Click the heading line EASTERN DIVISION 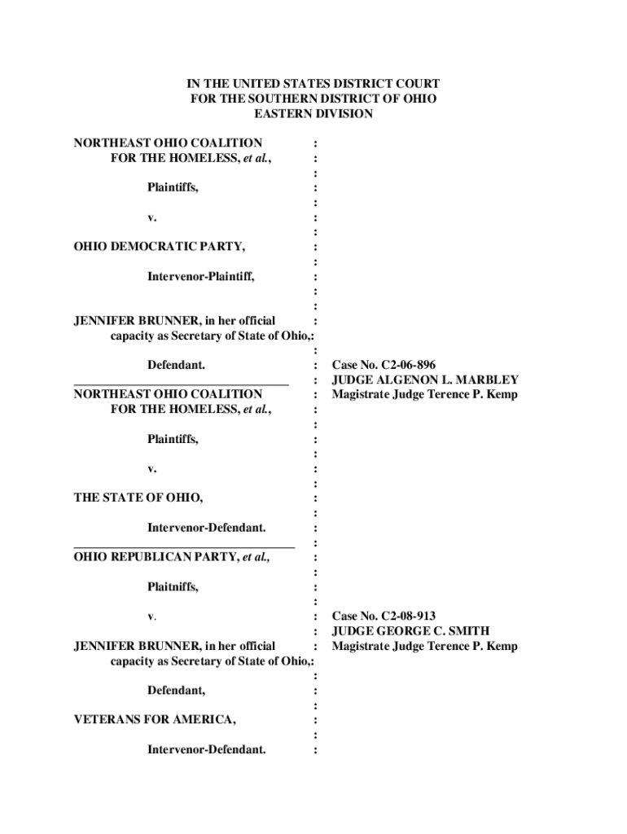tap(313, 114)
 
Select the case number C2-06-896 tap(409, 365)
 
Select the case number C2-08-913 tap(409, 616)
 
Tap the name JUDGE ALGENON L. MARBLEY tap(425, 380)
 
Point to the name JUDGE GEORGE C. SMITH tap(410, 631)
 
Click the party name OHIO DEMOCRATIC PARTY tap(159, 247)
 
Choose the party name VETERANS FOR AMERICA tap(155, 720)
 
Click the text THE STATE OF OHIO tap(138, 498)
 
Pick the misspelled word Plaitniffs tap(173, 587)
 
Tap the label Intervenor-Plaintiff tap(200, 277)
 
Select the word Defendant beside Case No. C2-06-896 tap(176, 366)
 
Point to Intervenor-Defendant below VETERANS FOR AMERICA tap(206, 750)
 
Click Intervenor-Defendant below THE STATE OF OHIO tap(206, 528)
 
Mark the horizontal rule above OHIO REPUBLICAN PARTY tap(184, 546)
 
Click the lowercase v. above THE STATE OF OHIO tap(152, 469)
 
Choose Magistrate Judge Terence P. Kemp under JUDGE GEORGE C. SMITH tap(425, 646)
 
